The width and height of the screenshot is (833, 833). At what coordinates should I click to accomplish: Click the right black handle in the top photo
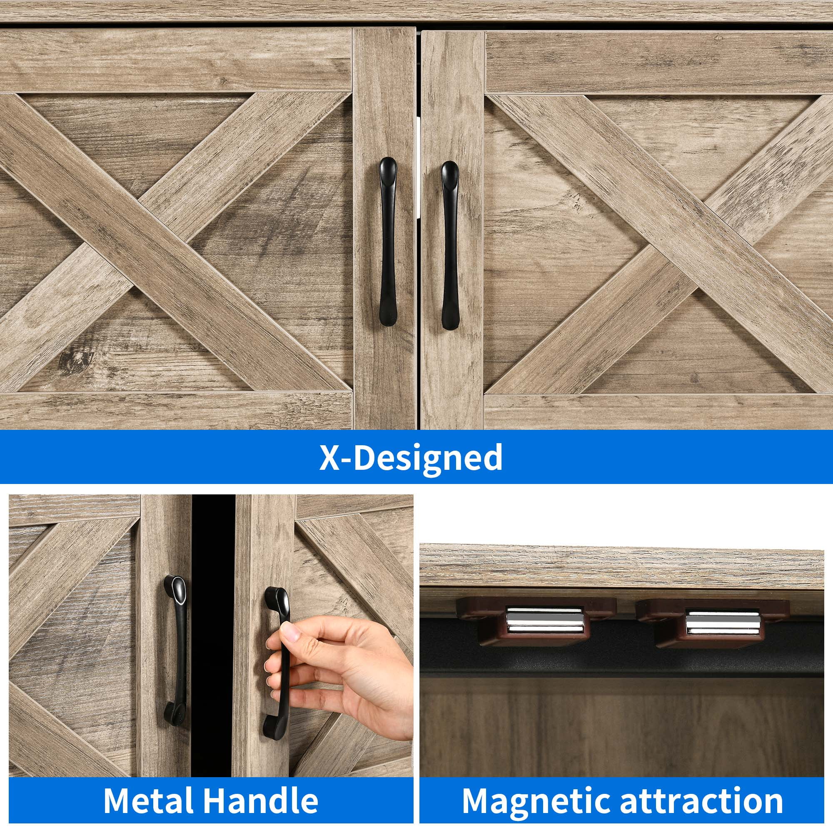pos(450,245)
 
